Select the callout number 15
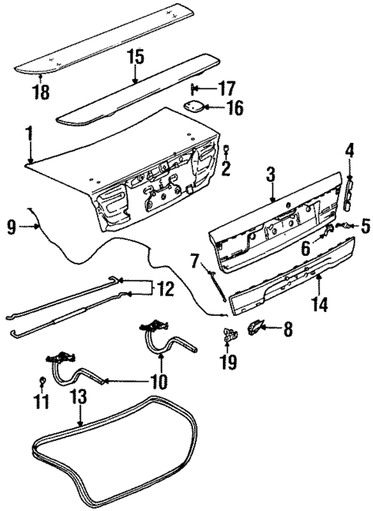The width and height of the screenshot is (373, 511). coord(135,56)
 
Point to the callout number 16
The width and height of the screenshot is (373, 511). coord(234,107)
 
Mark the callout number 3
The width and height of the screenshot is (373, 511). coord(271,174)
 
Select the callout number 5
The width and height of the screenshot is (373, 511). coord(365,227)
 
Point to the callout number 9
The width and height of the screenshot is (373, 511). coord(12,226)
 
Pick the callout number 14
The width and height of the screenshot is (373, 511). coord(318,305)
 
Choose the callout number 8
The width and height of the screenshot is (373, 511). coord(288,330)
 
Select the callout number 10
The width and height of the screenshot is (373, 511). coord(157,380)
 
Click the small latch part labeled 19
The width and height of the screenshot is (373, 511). coord(229,333)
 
